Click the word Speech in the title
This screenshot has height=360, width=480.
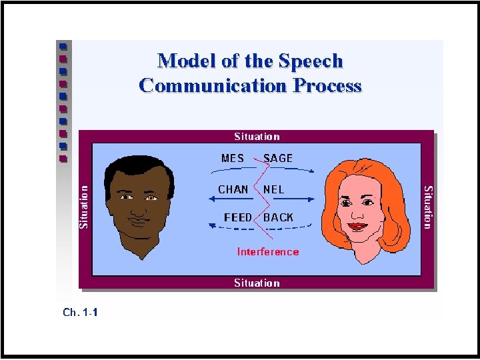[310, 61]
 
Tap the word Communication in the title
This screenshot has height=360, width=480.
[213, 86]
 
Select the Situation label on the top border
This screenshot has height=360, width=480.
[257, 137]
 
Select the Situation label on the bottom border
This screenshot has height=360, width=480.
[257, 283]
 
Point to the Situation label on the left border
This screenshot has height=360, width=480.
[84, 207]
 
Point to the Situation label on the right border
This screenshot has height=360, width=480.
[429, 207]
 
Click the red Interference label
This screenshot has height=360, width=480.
[268, 252]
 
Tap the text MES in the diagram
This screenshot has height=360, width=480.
[233, 159]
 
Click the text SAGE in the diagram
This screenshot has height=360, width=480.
[278, 159]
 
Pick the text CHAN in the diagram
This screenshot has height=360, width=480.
[233, 189]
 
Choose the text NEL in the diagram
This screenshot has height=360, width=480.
[274, 189]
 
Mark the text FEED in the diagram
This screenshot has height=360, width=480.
[238, 217]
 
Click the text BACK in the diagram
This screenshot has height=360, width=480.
[279, 217]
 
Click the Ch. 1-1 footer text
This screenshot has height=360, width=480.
[80, 311]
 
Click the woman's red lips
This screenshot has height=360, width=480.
[358, 225]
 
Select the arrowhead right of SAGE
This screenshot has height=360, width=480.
[311, 171]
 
